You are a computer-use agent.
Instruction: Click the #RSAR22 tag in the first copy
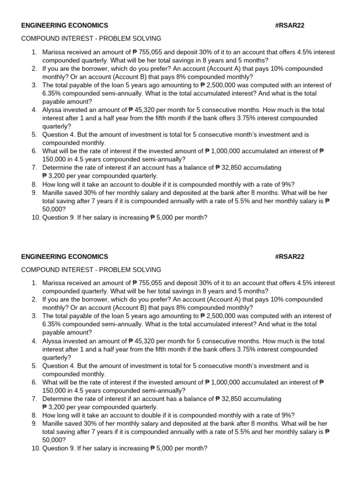tap(290, 25)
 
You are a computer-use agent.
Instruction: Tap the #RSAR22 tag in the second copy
tap(290, 257)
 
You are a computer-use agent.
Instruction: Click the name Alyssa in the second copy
tap(53, 341)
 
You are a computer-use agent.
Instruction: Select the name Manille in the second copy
tap(54, 423)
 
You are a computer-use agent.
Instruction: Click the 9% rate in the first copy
tap(286, 184)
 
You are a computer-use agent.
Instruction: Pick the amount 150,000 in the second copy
tap(55, 390)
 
